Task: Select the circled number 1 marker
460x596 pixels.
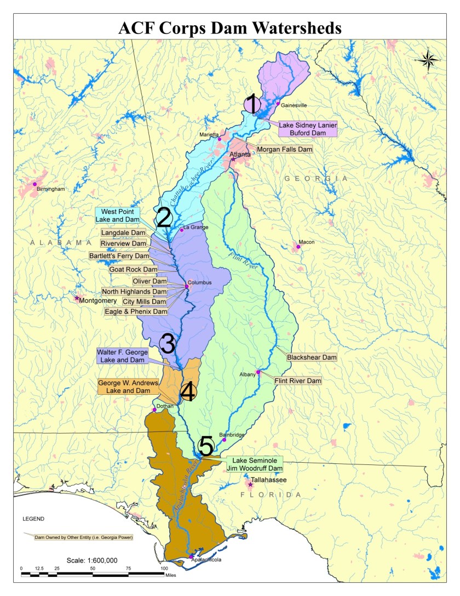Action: pos(252,103)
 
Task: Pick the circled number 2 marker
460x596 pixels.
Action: pos(164,218)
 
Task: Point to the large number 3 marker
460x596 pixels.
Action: pos(167,344)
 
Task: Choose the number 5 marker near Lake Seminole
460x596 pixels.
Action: pos(205,446)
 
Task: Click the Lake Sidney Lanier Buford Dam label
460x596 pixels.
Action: pos(308,128)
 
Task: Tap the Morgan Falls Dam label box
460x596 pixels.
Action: pos(281,149)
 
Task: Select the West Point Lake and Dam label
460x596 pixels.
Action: pos(117,215)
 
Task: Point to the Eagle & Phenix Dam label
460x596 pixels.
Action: pos(136,311)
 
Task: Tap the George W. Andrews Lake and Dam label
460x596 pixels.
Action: pos(125,387)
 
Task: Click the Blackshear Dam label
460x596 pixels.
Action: pos(311,357)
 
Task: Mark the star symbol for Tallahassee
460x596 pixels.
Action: pos(251,485)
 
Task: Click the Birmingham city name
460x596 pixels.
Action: pos(50,189)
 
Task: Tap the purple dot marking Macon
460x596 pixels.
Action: pos(298,247)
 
